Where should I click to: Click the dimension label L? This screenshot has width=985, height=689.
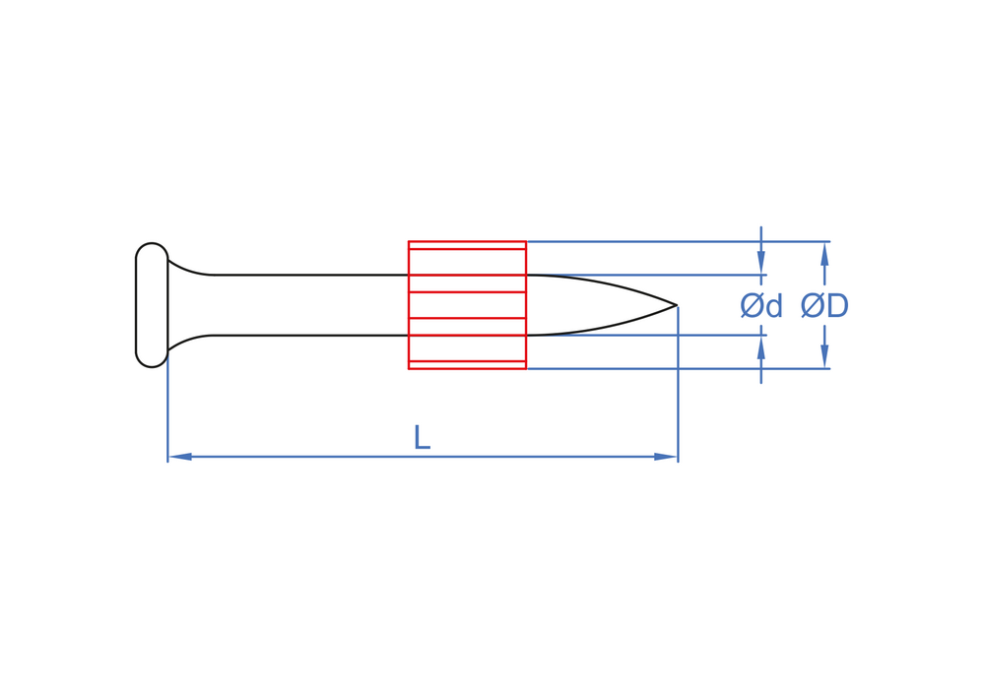[x=422, y=437]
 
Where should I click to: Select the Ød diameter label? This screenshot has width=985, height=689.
[x=760, y=306]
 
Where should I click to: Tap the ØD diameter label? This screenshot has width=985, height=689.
[x=824, y=306]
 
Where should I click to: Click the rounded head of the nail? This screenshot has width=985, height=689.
[x=152, y=305]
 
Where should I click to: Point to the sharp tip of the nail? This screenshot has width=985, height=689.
[x=676, y=305]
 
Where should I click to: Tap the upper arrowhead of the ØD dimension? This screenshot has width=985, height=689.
[x=824, y=253]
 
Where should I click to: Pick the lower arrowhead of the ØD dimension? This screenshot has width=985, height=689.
[x=824, y=356]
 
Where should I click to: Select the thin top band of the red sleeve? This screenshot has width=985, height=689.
[x=467, y=245]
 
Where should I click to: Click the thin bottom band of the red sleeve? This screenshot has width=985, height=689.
[x=467, y=364]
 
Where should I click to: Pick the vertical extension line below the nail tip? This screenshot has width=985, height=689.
[x=678, y=394]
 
